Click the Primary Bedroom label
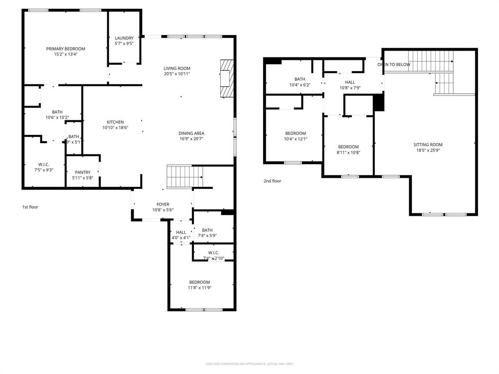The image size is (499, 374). click(x=66, y=49)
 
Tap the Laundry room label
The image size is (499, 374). click(x=124, y=38)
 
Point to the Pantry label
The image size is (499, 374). click(x=82, y=172)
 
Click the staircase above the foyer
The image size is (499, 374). click(x=184, y=176)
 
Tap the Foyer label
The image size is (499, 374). click(x=163, y=205)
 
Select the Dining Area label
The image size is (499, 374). click(x=191, y=133)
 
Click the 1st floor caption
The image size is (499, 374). click(x=30, y=207)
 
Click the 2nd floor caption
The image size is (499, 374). click(x=272, y=181)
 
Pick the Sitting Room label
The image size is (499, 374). click(x=428, y=145)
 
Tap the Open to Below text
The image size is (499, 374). click(x=394, y=65)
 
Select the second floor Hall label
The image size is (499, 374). click(x=350, y=82)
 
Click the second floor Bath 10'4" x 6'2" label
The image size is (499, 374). click(x=300, y=79)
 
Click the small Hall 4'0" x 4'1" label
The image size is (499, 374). click(x=181, y=232)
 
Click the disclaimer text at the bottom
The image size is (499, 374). click(x=249, y=364)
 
